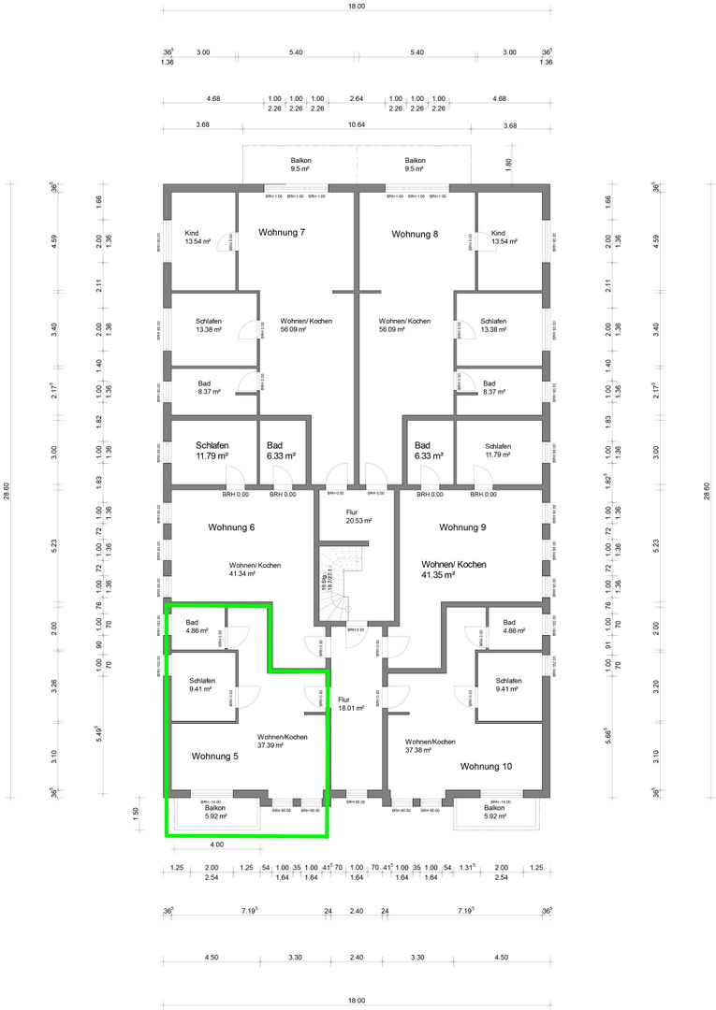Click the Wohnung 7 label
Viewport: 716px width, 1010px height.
pyautogui.click(x=282, y=232)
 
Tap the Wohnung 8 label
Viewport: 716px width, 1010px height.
pyautogui.click(x=415, y=233)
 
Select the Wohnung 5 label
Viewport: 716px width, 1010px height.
pyautogui.click(x=215, y=756)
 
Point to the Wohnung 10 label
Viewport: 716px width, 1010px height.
pyautogui.click(x=486, y=766)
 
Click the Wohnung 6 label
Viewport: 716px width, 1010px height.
pyautogui.click(x=231, y=527)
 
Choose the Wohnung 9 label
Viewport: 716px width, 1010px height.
pyautogui.click(x=462, y=527)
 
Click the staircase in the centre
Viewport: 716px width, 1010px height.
pyautogui.click(x=339, y=584)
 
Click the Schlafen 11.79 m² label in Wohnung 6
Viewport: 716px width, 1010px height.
pyautogui.click(x=212, y=451)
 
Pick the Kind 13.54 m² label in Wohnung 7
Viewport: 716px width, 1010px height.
pyautogui.click(x=197, y=238)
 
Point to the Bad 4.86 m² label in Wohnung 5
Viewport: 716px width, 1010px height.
pyautogui.click(x=197, y=628)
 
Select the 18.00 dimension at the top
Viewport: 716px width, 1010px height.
pyautogui.click(x=356, y=6)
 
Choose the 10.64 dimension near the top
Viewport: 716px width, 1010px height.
pyautogui.click(x=356, y=124)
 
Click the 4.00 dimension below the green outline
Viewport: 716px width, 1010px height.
pyautogui.click(x=217, y=844)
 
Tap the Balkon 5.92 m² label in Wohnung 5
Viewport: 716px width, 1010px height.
pyautogui.click(x=216, y=812)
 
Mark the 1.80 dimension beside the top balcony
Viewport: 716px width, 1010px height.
pyautogui.click(x=509, y=163)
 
